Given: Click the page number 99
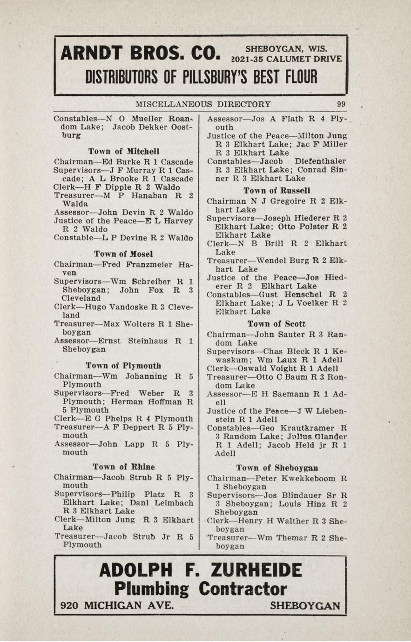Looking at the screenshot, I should (341, 104).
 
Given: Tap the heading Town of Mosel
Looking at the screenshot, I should (123, 254).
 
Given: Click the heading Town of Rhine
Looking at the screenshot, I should (124, 467).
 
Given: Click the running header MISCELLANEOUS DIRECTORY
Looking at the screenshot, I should (203, 104).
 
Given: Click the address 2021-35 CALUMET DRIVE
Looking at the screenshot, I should (287, 59).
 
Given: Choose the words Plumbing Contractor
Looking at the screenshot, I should (200, 589).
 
